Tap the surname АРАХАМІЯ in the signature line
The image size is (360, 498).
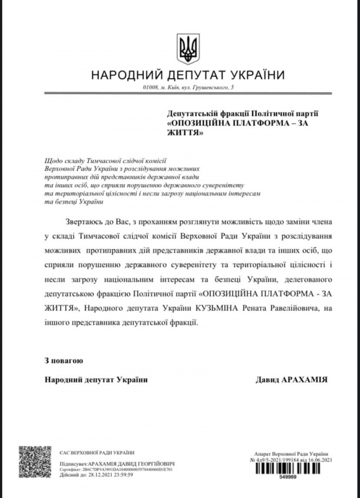tap(304, 380)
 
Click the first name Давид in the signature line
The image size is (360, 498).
tap(267, 380)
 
